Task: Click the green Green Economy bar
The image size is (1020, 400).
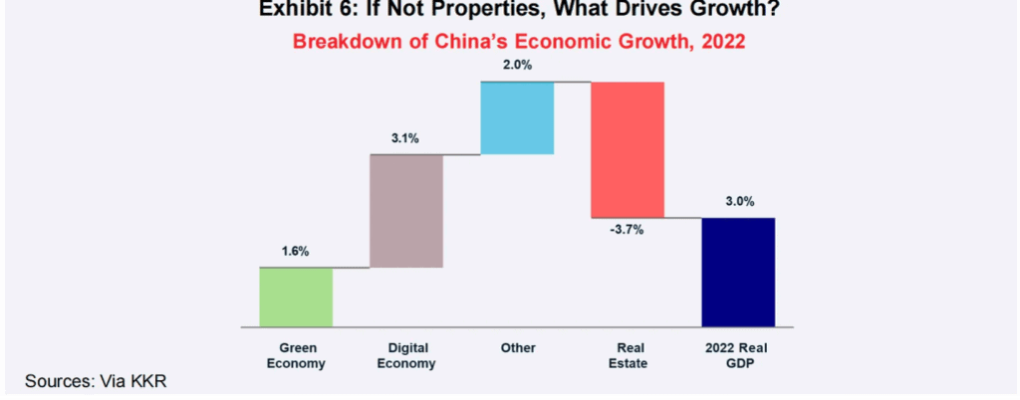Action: (296, 298)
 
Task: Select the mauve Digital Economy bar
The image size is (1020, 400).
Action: (406, 211)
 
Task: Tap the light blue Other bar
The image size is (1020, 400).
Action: (517, 118)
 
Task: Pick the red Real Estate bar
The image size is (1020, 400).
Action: (628, 150)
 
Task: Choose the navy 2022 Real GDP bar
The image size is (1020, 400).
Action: (738, 273)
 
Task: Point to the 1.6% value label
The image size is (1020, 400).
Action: (295, 253)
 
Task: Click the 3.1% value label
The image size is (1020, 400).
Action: (406, 138)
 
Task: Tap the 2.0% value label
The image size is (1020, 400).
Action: (517, 67)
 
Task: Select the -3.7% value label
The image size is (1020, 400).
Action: (628, 230)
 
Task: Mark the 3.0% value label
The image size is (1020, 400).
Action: (739, 201)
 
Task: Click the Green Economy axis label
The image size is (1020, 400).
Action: (298, 356)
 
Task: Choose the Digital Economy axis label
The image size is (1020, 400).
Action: (408, 356)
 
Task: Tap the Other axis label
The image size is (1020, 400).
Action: (518, 348)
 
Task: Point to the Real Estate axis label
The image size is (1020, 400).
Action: (628, 356)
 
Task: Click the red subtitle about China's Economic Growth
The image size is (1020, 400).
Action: (518, 42)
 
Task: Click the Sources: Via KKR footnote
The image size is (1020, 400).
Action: (97, 380)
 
